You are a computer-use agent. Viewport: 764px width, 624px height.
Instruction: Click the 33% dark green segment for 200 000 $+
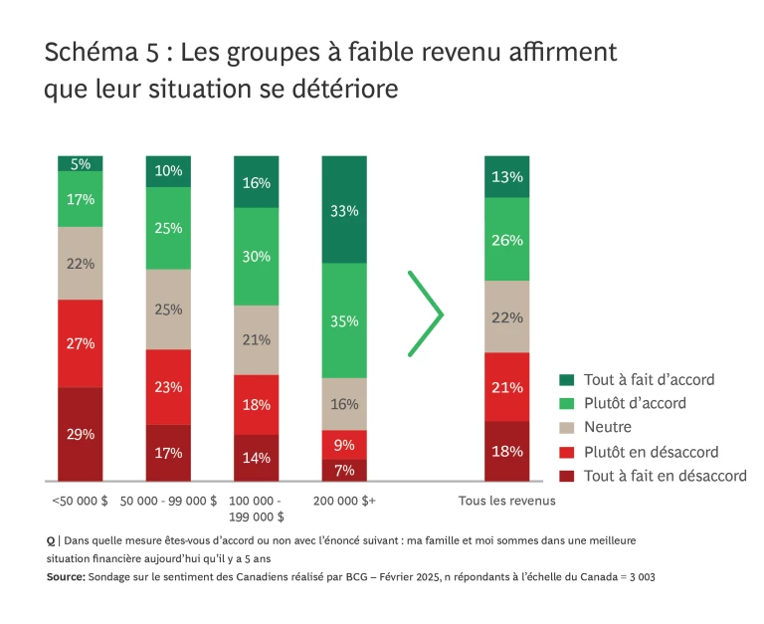343,210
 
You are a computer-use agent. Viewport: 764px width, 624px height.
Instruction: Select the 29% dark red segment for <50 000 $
81,434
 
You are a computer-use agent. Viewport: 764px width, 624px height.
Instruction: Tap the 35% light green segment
343,320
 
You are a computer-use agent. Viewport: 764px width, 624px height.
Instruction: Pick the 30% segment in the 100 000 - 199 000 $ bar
256,256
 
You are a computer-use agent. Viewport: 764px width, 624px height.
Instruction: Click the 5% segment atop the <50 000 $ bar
81,163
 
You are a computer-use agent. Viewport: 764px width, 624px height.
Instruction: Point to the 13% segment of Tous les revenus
507,177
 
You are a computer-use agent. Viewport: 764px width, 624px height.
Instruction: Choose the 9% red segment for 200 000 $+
343,444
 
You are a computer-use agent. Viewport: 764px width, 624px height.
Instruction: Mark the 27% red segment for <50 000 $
81,343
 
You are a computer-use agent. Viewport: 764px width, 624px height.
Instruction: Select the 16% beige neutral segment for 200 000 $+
343,404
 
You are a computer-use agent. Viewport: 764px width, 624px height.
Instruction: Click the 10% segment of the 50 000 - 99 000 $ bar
168,171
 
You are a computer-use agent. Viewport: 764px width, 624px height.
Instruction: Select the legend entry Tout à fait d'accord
650,379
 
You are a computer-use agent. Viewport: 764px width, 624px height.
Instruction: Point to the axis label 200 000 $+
343,501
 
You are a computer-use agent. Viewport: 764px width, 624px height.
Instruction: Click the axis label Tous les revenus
506,501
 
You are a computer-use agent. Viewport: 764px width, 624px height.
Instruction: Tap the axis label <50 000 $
80,501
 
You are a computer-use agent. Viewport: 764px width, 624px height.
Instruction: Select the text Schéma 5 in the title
94,53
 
